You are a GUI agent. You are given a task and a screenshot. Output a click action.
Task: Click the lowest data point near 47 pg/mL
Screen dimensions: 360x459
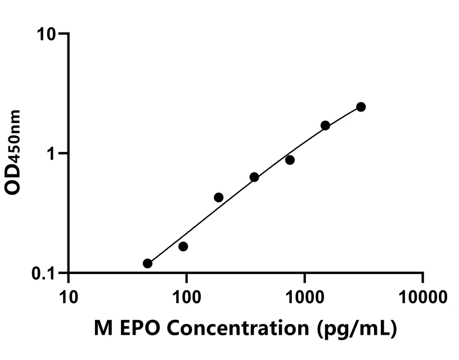[147, 263]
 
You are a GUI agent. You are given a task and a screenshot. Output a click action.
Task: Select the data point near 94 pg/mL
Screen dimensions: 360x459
[183, 246]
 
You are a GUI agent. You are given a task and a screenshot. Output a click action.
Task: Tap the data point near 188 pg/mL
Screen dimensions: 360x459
[218, 197]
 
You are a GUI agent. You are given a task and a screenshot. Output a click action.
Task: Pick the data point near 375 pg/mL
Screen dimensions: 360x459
[254, 177]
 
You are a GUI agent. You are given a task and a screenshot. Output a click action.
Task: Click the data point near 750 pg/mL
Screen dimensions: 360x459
[290, 160]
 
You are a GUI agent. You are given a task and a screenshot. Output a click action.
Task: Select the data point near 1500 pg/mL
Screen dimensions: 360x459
[325, 125]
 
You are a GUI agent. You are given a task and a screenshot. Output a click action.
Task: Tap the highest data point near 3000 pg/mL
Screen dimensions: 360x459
[361, 107]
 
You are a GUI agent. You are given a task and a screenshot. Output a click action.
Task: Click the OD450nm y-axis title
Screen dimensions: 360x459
[13, 152]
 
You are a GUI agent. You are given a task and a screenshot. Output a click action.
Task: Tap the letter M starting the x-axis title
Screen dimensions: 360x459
[102, 329]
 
